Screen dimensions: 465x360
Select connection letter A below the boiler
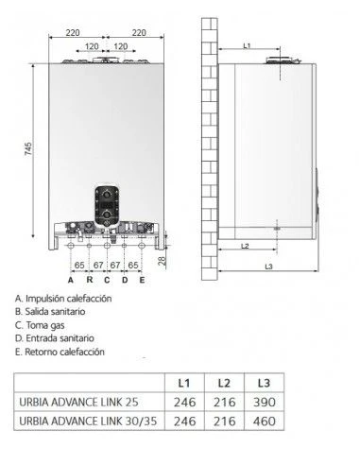pyautogui.click(x=70, y=281)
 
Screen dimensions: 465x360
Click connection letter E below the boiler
pyautogui.click(x=142, y=281)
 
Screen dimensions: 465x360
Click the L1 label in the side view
pyautogui.click(x=247, y=45)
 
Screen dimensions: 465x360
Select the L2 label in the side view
pyautogui.click(x=244, y=246)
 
